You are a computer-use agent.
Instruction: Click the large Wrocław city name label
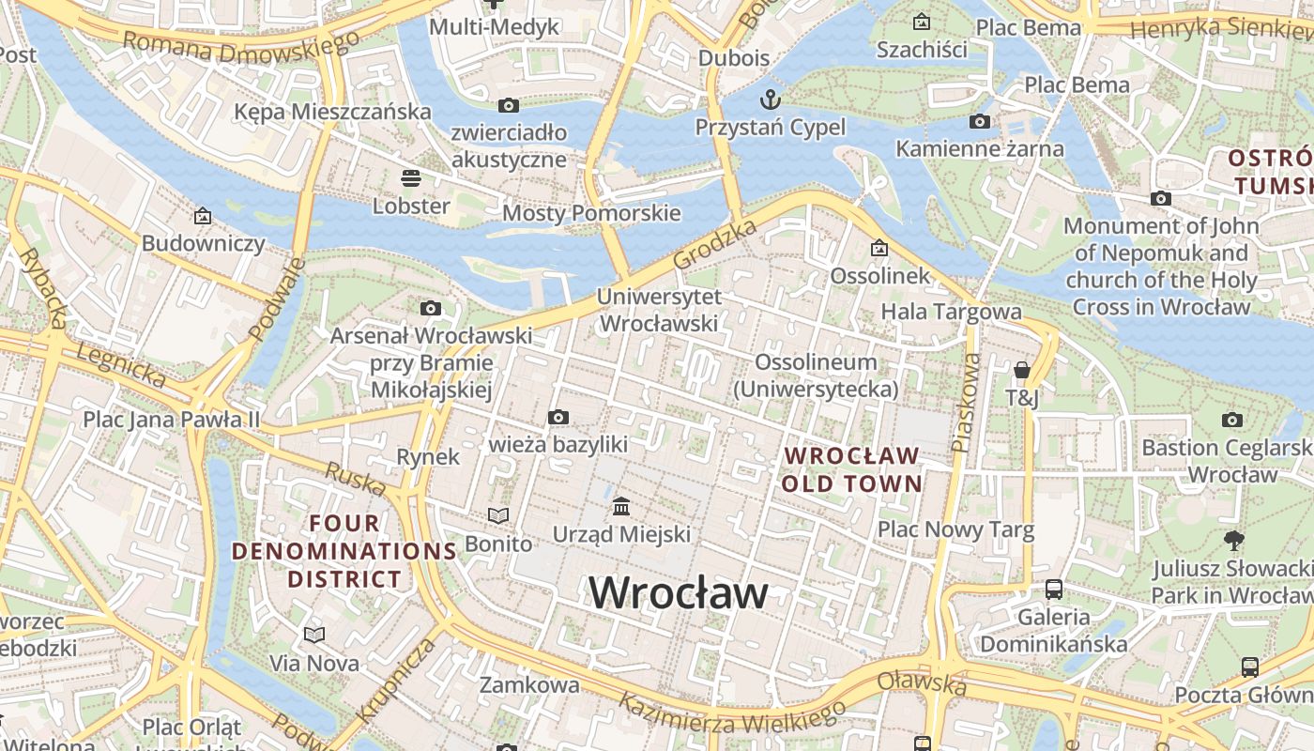point(678,592)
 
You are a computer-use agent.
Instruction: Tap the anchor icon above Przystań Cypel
point(770,99)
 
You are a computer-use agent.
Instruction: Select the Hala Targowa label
point(951,311)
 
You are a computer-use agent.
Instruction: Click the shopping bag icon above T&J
point(1022,371)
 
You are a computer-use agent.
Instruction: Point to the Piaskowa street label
point(965,403)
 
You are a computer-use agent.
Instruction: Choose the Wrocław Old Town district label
point(851,469)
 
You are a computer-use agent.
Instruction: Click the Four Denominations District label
point(344,551)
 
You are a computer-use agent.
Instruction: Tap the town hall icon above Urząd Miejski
point(620,507)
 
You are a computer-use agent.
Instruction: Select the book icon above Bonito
point(498,515)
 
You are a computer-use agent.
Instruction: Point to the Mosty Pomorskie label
point(591,213)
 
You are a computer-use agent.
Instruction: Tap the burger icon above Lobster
point(410,177)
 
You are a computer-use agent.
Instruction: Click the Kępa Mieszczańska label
point(332,112)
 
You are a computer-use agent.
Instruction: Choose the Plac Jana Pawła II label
point(171,419)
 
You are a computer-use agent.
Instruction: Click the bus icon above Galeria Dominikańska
point(1054,590)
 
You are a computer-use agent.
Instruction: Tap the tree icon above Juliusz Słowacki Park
point(1233,540)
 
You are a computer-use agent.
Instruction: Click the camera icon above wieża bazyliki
point(558,417)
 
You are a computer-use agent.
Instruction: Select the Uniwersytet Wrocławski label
point(659,310)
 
